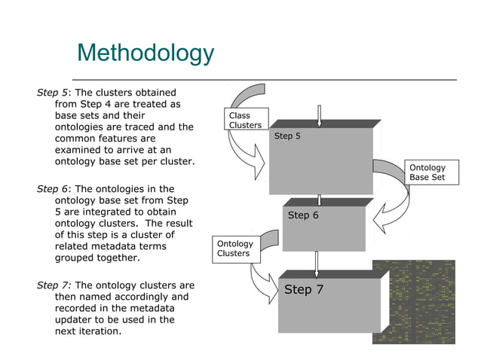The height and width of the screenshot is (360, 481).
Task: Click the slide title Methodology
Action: [x=146, y=53]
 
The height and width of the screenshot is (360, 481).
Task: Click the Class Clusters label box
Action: [x=245, y=121]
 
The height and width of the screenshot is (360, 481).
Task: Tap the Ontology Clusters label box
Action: [x=235, y=249]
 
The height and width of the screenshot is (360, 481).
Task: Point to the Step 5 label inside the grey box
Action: [x=287, y=136]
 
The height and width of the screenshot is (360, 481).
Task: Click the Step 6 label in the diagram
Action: [x=304, y=215]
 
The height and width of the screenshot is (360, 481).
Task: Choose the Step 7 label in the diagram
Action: [x=304, y=290]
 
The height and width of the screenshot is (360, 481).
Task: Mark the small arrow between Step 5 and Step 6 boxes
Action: [x=320, y=200]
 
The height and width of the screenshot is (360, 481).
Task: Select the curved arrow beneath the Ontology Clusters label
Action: [x=264, y=282]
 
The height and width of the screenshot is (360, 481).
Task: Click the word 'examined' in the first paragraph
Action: [x=79, y=150]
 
